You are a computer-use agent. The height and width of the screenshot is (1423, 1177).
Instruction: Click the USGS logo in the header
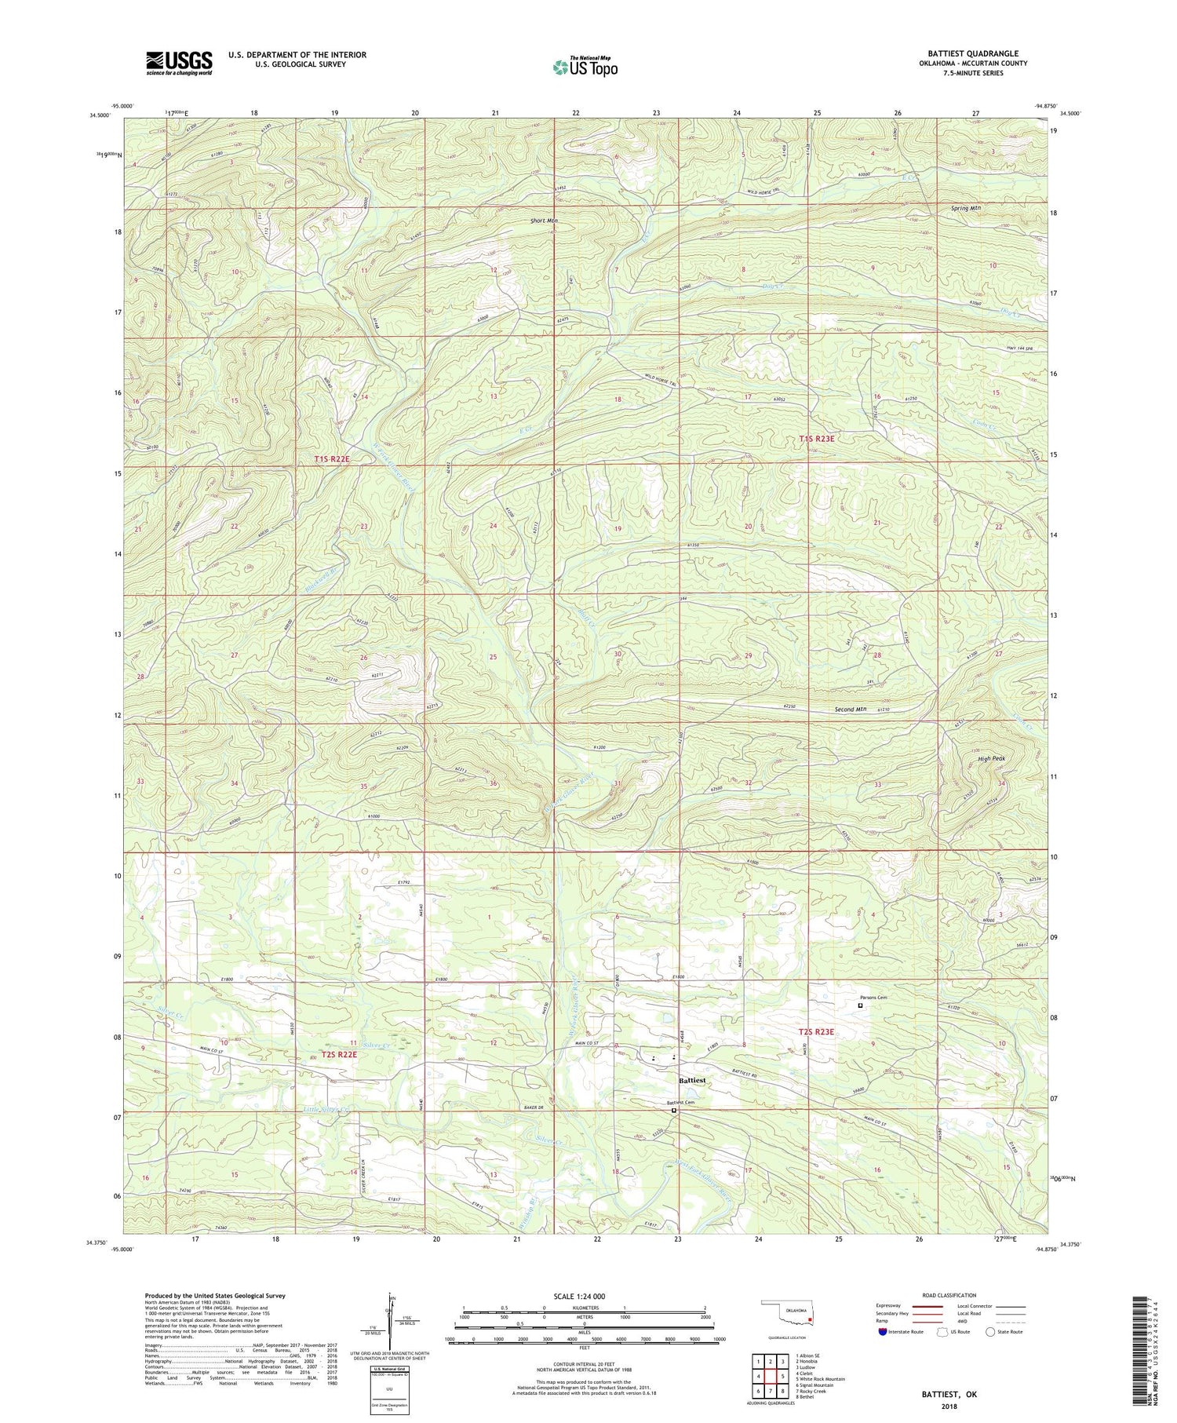(x=178, y=63)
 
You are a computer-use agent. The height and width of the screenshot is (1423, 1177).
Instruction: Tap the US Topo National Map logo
(x=585, y=67)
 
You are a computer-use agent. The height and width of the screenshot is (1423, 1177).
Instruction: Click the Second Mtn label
(x=850, y=710)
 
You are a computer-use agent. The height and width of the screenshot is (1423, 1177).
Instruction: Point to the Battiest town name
(x=691, y=1080)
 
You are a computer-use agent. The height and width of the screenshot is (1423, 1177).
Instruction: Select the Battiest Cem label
(x=681, y=1102)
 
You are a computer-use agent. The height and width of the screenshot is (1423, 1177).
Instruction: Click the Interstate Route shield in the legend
(x=883, y=1332)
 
